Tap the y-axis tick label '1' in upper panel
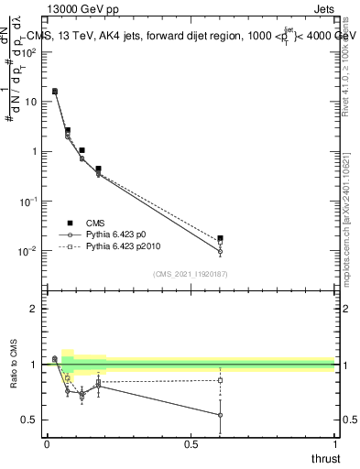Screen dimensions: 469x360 click(34, 151)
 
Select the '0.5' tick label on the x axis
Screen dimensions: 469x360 click(191, 444)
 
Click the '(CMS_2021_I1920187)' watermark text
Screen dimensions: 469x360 click(190, 273)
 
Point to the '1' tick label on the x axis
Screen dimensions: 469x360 click(334, 444)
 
